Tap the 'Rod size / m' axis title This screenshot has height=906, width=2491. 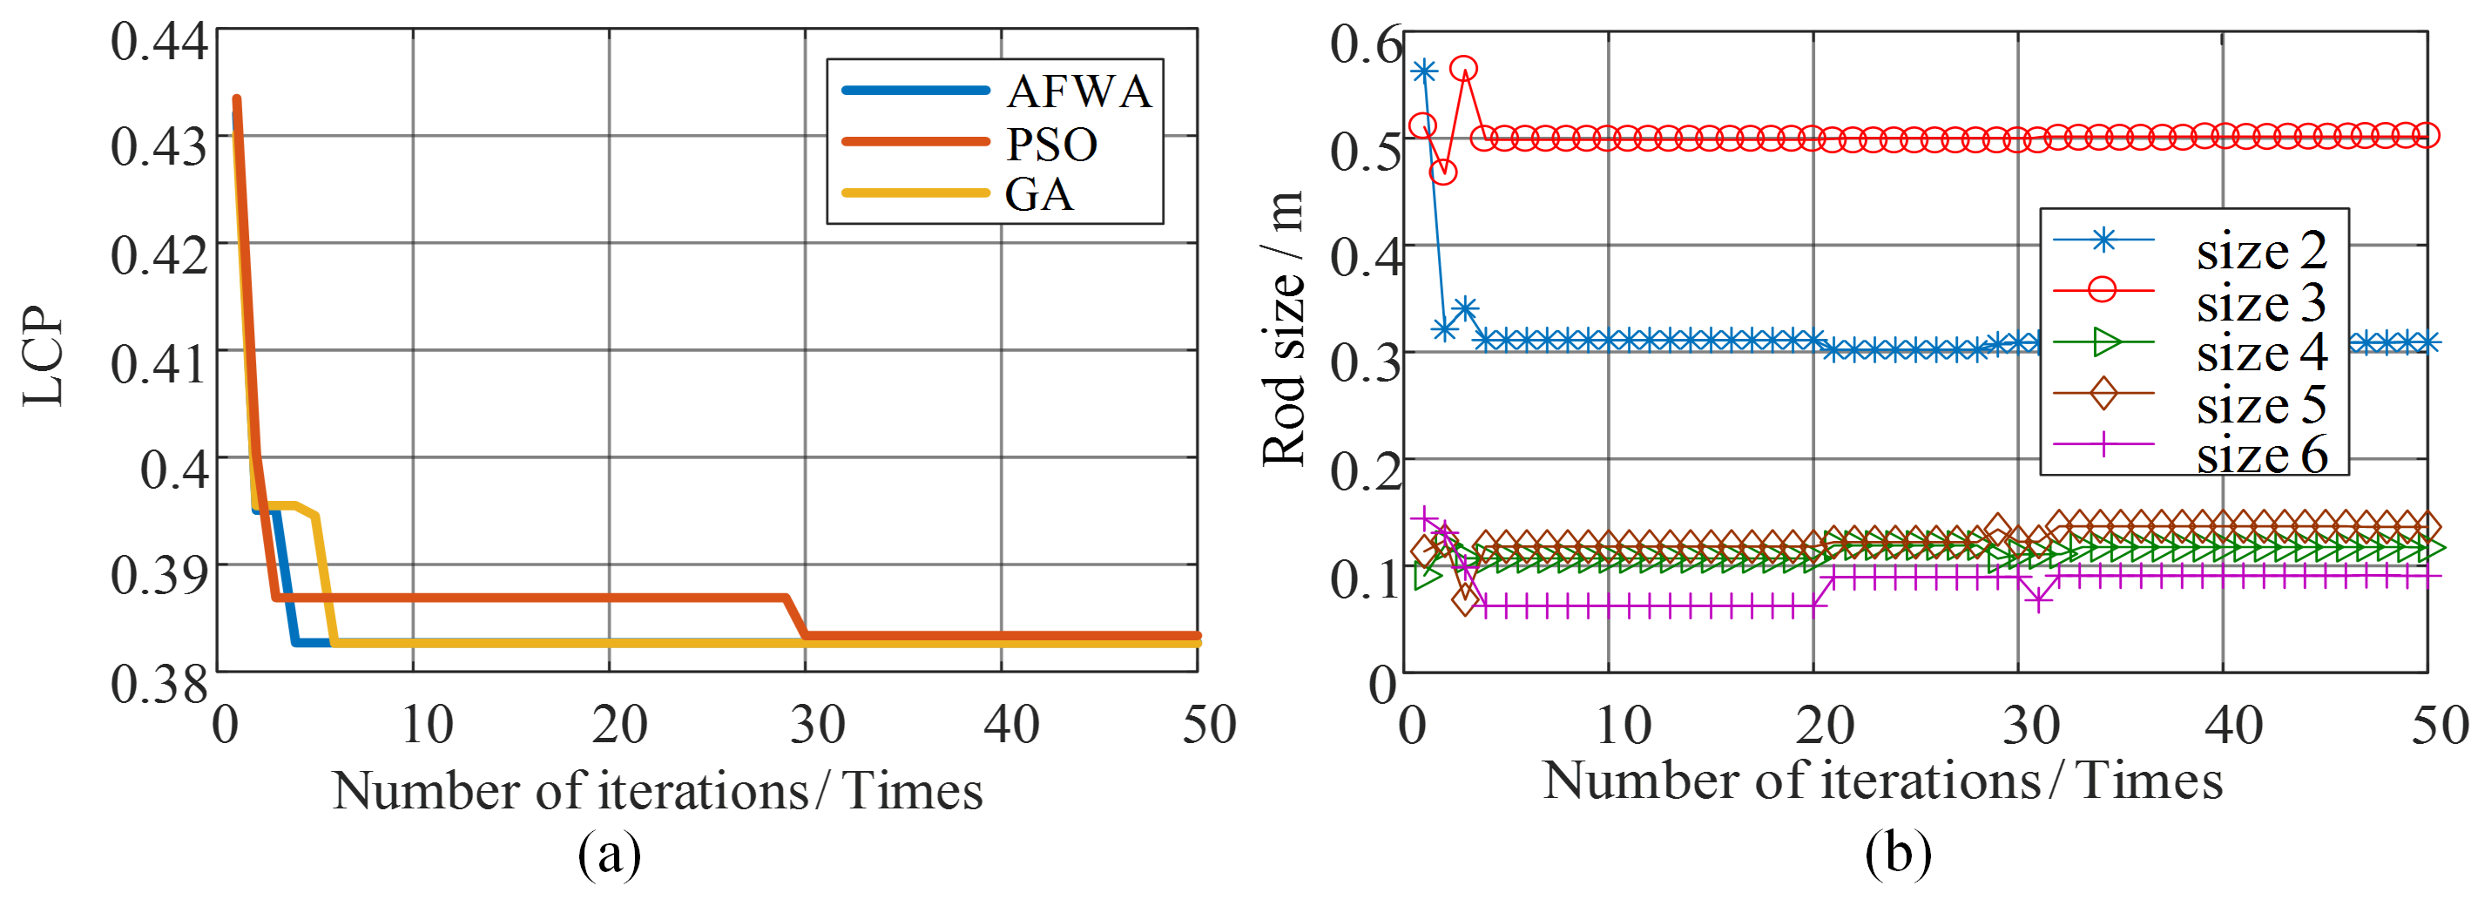point(1284,328)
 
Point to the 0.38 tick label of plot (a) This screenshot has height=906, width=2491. point(159,684)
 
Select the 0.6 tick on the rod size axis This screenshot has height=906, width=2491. point(1366,44)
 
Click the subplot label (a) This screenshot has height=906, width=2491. point(609,854)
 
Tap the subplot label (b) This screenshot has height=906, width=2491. point(1898,854)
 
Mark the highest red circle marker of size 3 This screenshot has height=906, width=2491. point(1464,69)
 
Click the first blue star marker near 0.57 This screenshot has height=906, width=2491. point(1423,71)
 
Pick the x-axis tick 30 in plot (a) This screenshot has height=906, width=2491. point(817,724)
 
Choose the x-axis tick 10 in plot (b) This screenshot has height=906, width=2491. point(1623,724)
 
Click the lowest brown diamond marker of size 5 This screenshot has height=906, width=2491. point(1465,600)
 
